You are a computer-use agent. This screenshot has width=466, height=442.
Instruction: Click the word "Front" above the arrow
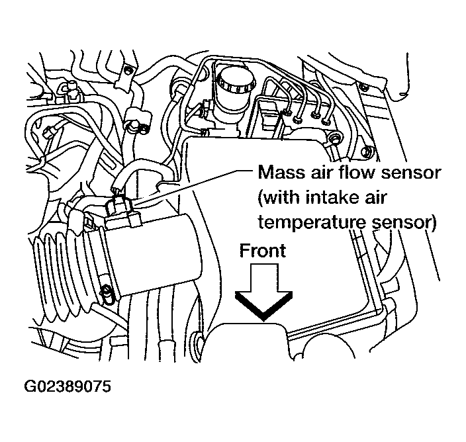(x=262, y=251)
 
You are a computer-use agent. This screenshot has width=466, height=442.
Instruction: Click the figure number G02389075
(x=69, y=386)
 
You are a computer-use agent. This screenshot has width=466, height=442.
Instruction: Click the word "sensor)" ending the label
(x=402, y=224)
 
